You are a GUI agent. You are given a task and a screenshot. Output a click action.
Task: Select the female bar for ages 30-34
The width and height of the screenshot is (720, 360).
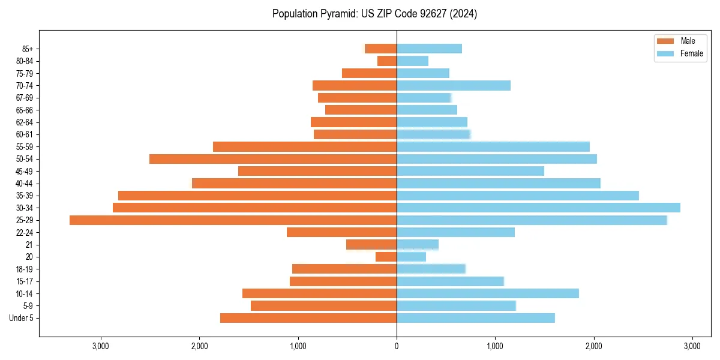538,208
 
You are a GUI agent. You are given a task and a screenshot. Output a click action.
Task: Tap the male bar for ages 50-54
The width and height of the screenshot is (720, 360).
273,159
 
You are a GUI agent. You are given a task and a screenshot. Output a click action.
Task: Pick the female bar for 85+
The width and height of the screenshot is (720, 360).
429,49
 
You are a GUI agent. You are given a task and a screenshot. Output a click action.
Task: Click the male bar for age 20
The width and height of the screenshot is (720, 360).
386,257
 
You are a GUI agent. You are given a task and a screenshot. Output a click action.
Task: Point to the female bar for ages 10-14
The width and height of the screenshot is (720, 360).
487,293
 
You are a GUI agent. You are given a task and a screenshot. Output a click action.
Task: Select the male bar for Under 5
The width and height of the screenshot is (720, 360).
308,318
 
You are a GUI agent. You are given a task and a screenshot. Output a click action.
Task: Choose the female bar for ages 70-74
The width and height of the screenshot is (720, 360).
454,85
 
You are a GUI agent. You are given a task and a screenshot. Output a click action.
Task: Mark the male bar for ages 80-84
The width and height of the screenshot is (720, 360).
387,61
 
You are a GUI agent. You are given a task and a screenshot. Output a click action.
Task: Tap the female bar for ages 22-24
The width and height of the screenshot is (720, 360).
455,232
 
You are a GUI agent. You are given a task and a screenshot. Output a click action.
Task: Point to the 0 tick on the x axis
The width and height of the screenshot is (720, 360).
397,346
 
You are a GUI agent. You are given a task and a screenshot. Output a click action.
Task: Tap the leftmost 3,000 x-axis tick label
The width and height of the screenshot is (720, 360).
101,346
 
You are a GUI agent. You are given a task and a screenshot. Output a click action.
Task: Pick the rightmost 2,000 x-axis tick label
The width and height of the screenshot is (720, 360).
593,346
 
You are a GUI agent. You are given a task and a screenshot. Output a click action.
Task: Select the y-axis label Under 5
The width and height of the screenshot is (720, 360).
21,318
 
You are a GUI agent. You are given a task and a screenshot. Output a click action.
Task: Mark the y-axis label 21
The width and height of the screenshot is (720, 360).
29,245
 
